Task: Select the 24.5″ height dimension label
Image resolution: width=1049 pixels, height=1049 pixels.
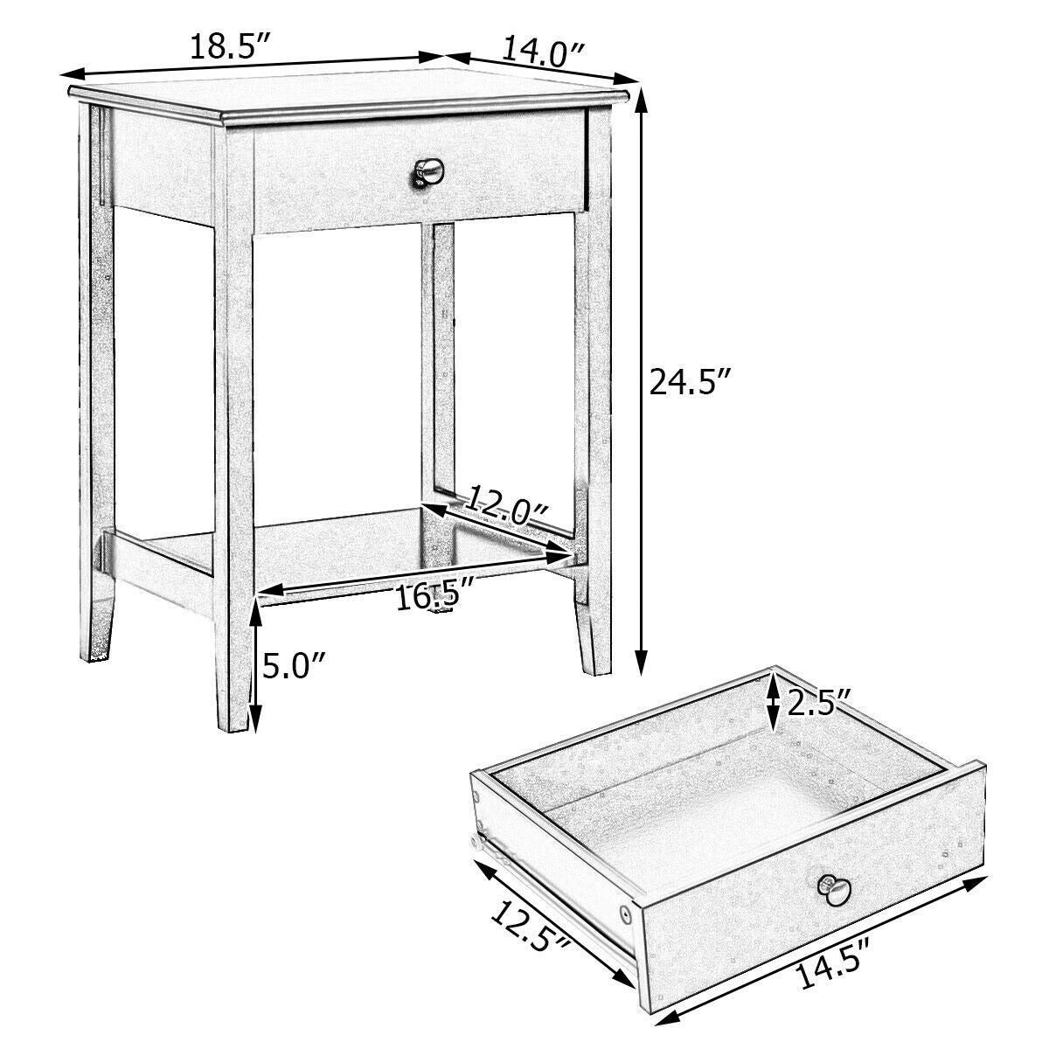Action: pyautogui.click(x=690, y=383)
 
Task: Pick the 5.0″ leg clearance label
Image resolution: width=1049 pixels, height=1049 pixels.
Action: pyautogui.click(x=295, y=670)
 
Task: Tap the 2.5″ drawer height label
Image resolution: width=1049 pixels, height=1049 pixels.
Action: pyautogui.click(x=819, y=704)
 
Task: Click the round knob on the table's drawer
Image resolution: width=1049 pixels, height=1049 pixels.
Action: pyautogui.click(x=427, y=174)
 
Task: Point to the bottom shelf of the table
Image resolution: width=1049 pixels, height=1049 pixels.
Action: pyautogui.click(x=350, y=551)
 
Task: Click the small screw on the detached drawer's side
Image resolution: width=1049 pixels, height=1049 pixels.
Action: pyautogui.click(x=628, y=914)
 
